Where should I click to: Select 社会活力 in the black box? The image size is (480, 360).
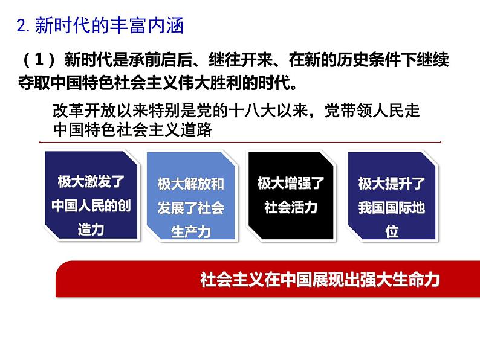pyautogui.click(x=291, y=207)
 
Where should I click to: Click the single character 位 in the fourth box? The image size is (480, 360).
pyautogui.click(x=391, y=232)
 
